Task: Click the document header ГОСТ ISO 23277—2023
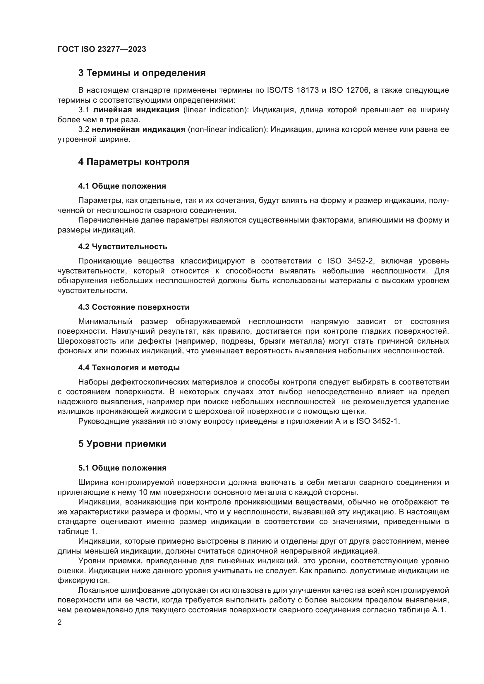tap(102, 49)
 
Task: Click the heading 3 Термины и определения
tap(142, 73)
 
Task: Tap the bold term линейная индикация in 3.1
tap(136, 110)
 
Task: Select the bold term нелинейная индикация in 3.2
tap(139, 130)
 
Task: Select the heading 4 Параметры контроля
tap(133, 162)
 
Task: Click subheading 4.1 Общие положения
tap(122, 186)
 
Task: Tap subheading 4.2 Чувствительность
tap(123, 247)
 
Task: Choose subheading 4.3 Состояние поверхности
tap(134, 307)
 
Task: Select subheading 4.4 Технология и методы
tap(129, 368)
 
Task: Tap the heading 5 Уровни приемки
tap(122, 444)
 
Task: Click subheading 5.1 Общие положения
tap(122, 468)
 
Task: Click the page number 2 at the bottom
tap(60, 623)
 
